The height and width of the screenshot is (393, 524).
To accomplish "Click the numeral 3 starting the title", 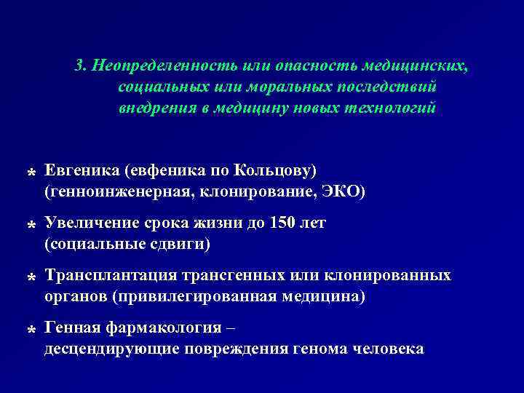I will [x=79, y=67].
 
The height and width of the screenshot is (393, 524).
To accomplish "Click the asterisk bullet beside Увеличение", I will [x=32, y=227].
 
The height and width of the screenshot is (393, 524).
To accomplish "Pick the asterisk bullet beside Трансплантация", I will [x=32, y=279].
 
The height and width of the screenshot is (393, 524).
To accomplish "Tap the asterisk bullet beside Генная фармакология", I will [x=32, y=332].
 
